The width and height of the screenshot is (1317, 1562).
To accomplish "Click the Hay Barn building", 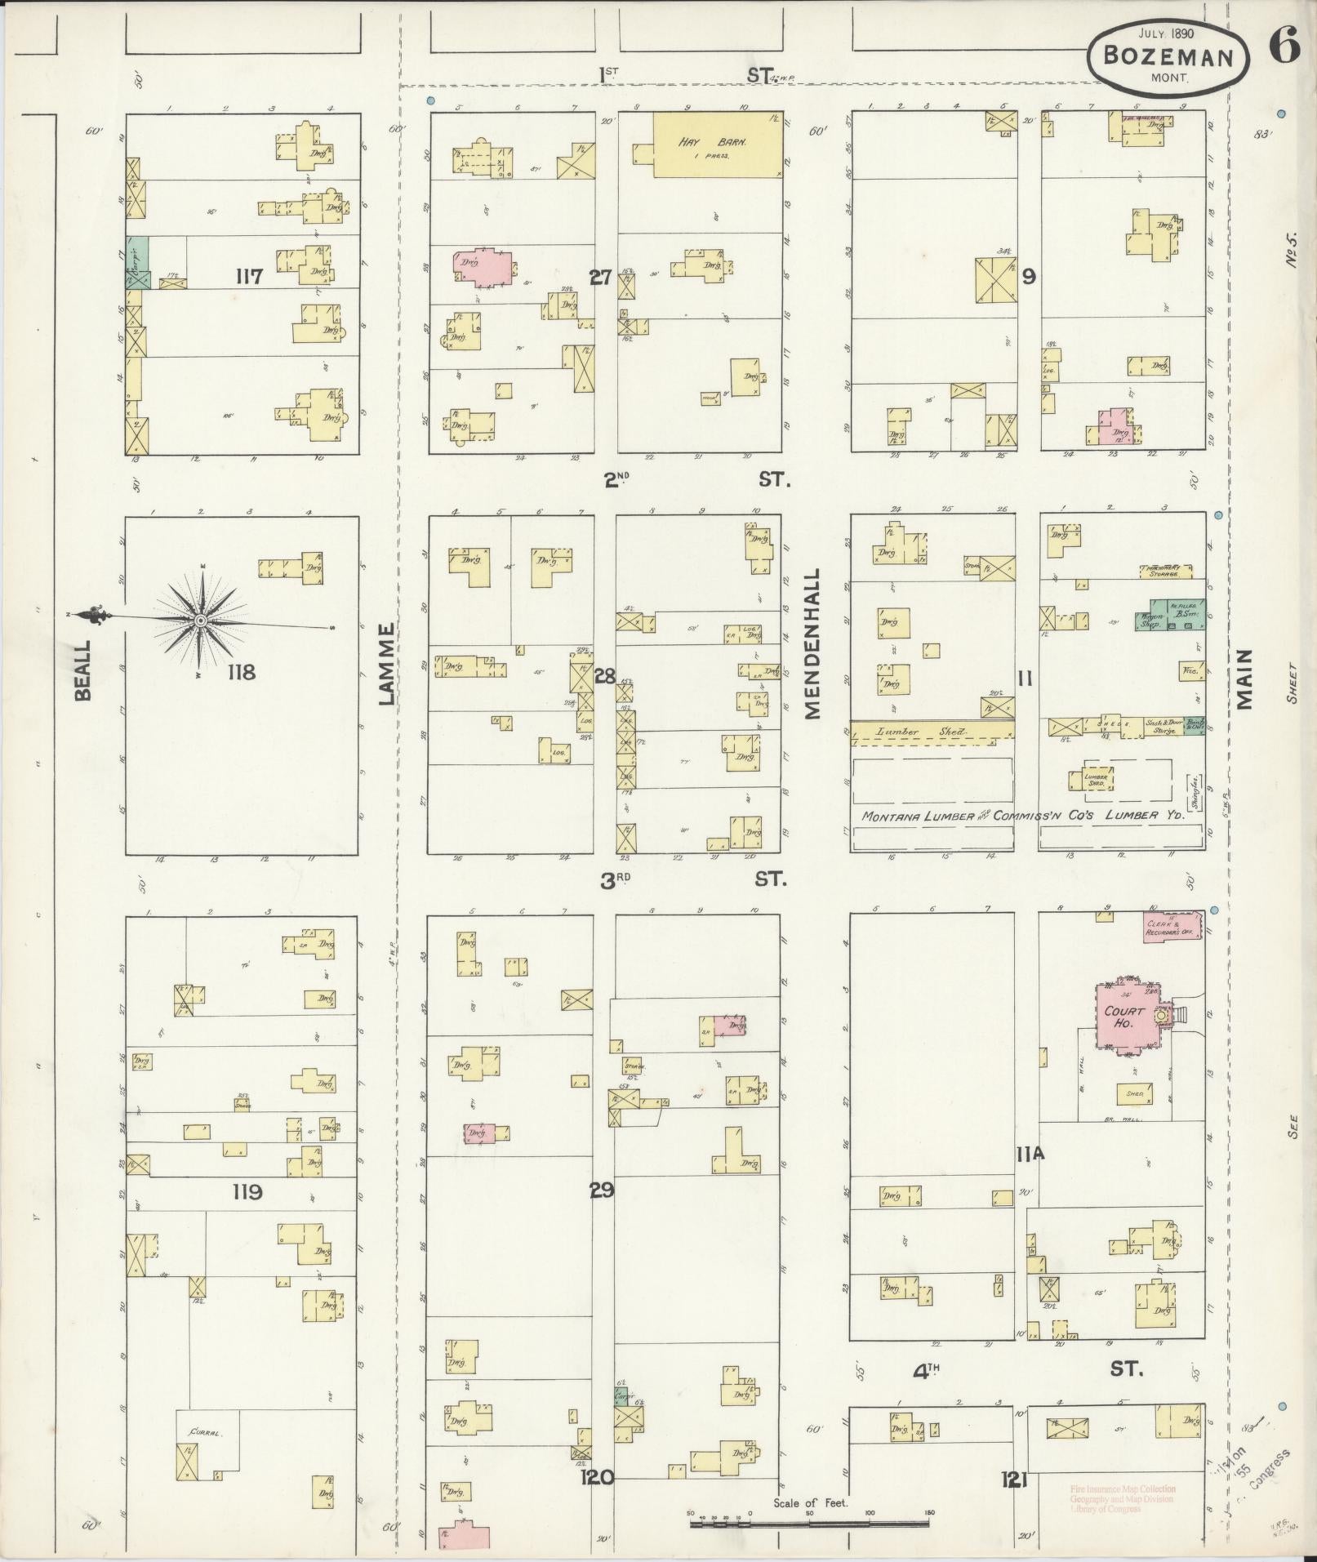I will click(x=717, y=145).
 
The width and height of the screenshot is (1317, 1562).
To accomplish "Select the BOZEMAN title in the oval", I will click(x=1168, y=56).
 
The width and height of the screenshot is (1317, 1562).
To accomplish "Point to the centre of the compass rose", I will click(x=200, y=621).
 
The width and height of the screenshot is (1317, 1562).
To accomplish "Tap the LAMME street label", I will click(x=386, y=664).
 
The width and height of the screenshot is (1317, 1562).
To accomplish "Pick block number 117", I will click(x=248, y=277).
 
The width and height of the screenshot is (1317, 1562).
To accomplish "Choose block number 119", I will click(x=247, y=1191).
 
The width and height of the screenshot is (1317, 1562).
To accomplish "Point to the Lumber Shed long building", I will click(x=932, y=732).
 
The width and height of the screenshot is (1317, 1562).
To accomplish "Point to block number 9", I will click(x=1028, y=276).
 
